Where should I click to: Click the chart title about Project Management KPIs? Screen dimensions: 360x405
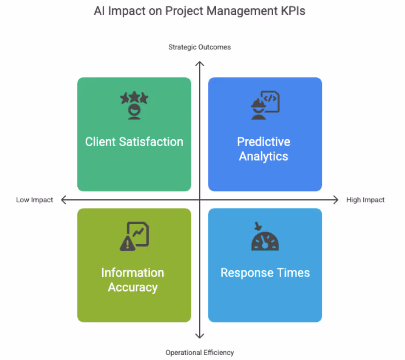(x=199, y=11)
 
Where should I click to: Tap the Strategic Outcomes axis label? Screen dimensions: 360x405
(x=199, y=47)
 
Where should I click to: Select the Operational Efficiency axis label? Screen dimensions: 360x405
(x=199, y=353)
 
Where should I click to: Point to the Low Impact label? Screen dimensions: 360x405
(x=34, y=200)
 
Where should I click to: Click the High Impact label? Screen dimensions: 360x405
(x=365, y=200)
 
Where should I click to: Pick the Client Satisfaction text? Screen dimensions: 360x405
(x=134, y=141)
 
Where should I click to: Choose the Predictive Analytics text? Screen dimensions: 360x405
(x=264, y=149)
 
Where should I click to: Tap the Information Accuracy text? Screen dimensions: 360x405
(x=133, y=280)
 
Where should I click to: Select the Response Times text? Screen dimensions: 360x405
(x=265, y=273)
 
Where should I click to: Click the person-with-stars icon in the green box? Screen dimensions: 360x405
(x=134, y=105)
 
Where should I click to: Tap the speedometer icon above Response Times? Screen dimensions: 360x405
(x=265, y=240)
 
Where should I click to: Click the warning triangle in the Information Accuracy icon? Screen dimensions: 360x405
(x=127, y=244)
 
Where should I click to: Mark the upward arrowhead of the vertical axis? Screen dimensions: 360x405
(x=199, y=64)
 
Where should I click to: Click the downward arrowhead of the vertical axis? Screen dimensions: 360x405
(x=199, y=336)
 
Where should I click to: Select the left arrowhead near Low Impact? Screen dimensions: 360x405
(x=64, y=200)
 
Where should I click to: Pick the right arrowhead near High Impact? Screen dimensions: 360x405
(x=335, y=200)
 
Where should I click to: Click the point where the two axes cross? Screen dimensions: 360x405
(x=199, y=200)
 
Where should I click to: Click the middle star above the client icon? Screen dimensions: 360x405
(x=134, y=96)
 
